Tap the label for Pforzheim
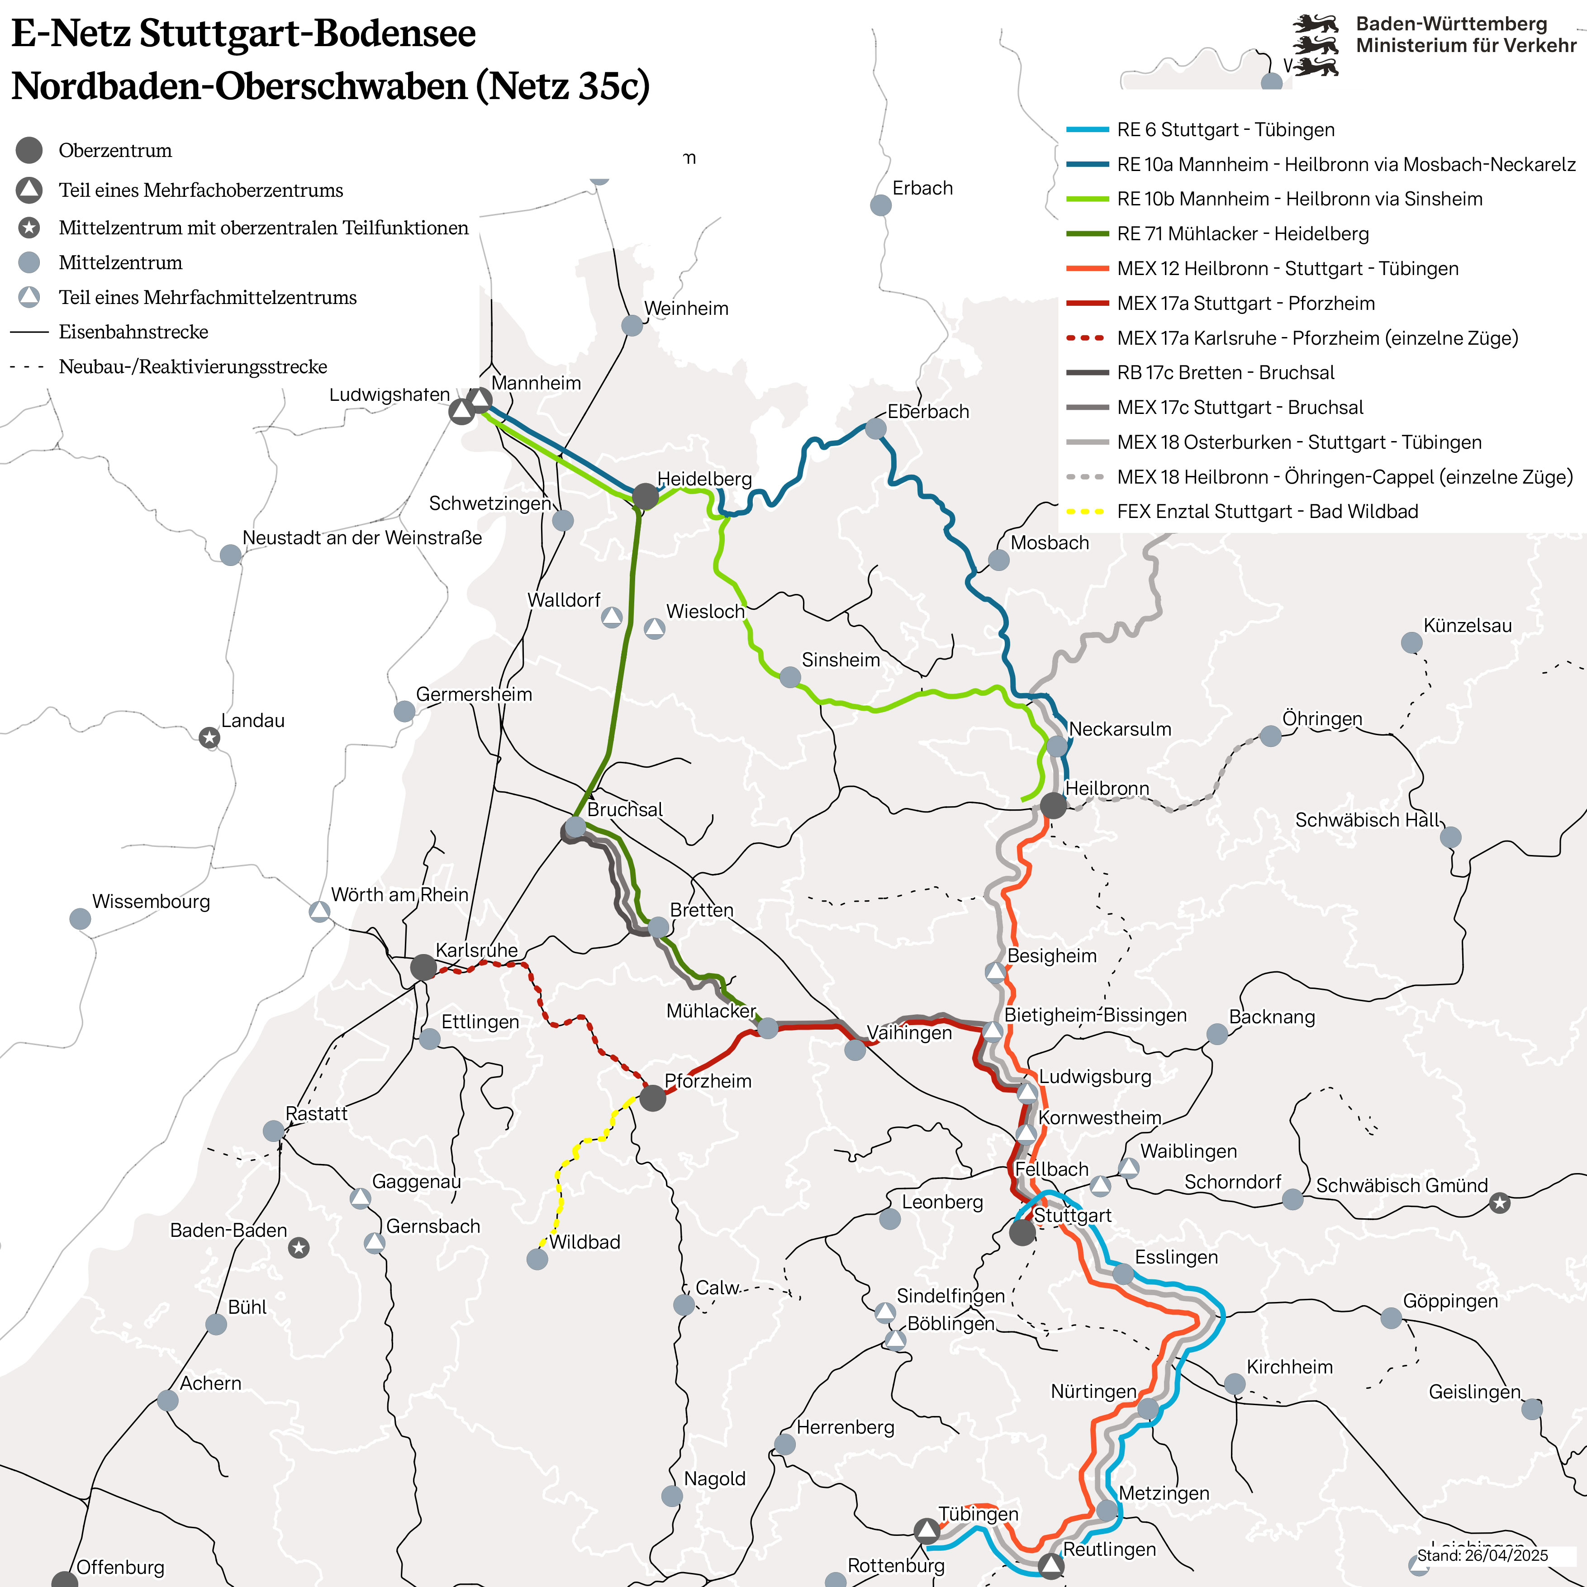point(708,1081)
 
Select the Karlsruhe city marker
point(423,967)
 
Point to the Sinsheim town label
point(840,660)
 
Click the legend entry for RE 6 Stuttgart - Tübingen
point(1226,130)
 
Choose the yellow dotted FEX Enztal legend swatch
point(1086,512)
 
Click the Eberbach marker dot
point(876,428)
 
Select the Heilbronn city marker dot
point(1053,805)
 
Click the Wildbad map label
point(585,1242)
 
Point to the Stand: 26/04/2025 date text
point(1482,1556)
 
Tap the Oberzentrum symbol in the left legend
point(29,150)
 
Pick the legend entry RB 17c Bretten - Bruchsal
point(1226,373)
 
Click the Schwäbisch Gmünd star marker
point(1500,1203)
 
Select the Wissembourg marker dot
point(80,918)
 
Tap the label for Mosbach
point(1049,543)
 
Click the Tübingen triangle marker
point(927,1530)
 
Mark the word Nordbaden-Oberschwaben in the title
point(239,86)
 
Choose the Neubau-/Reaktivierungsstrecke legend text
point(193,366)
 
